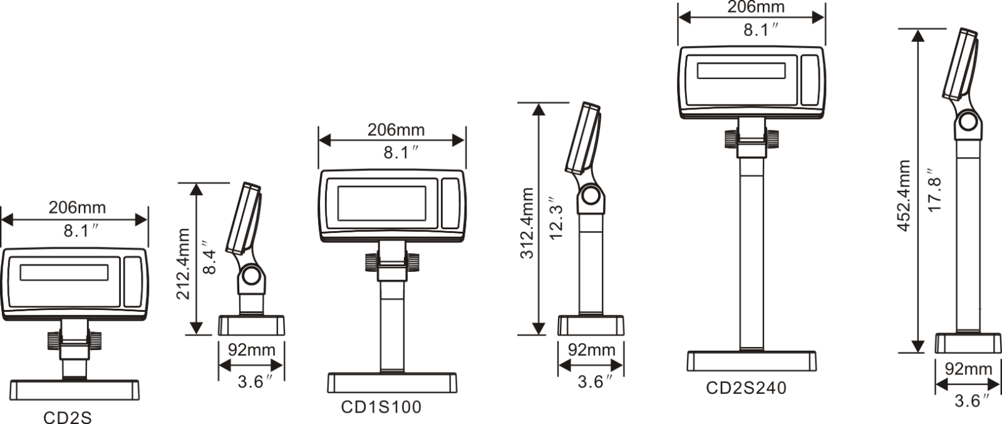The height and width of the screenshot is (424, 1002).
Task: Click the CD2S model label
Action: (x=67, y=417)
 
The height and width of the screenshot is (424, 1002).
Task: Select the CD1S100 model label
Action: (x=381, y=407)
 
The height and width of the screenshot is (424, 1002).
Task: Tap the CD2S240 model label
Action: (x=746, y=388)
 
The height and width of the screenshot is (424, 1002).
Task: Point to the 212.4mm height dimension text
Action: (x=182, y=264)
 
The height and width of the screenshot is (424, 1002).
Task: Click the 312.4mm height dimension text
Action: (x=527, y=223)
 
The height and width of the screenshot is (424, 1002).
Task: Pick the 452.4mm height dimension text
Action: (x=903, y=195)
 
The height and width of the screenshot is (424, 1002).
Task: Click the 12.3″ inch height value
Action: (x=556, y=221)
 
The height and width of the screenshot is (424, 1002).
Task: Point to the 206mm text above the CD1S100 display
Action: (x=396, y=130)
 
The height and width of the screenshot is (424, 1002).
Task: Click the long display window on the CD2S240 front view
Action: (x=741, y=71)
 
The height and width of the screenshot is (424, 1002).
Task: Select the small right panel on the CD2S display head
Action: (x=132, y=281)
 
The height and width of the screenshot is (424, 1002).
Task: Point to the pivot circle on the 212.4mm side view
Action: (x=251, y=276)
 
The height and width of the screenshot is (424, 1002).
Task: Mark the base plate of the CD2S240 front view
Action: (x=751, y=361)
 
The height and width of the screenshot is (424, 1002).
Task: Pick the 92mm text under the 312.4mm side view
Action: (x=591, y=350)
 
